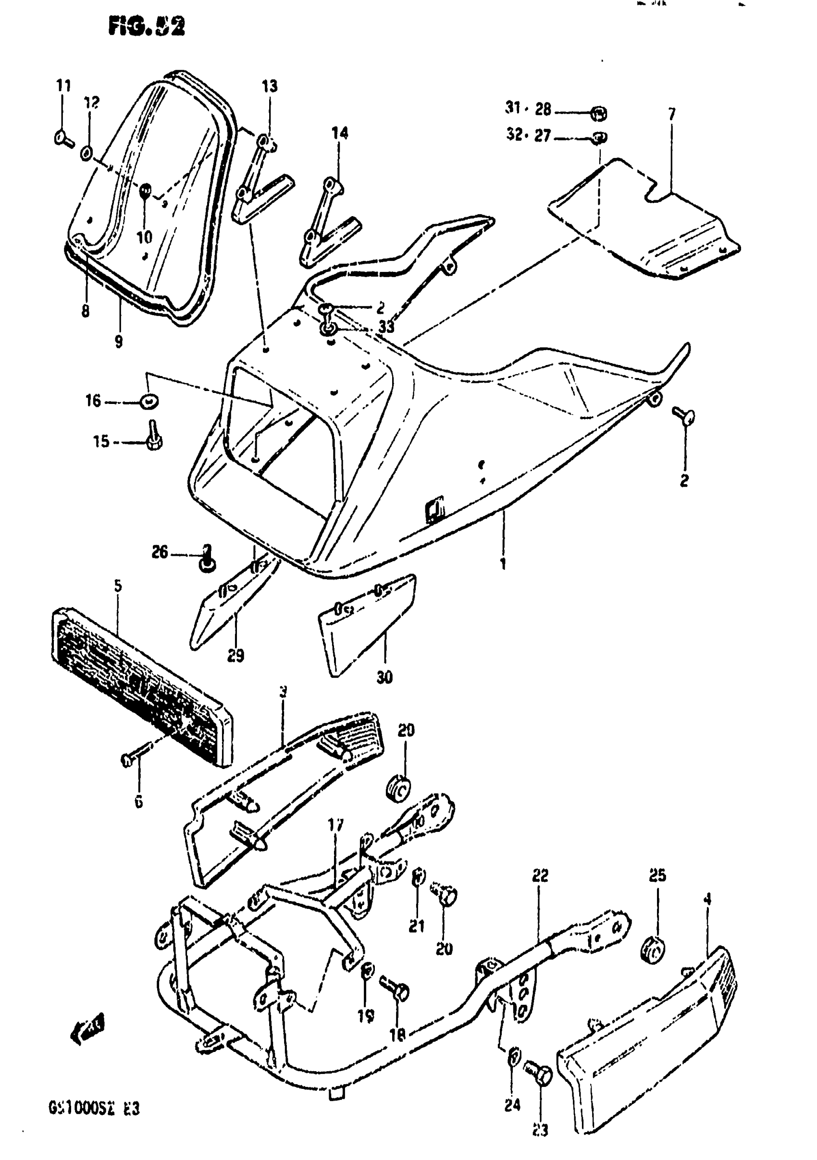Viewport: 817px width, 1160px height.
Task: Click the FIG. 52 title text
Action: (x=147, y=26)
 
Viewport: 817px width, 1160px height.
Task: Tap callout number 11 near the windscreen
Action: (x=63, y=86)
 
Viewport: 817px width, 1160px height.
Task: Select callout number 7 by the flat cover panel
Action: (x=671, y=115)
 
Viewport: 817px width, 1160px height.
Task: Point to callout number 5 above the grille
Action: (x=118, y=586)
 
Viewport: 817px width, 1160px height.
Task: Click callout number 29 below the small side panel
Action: (x=235, y=655)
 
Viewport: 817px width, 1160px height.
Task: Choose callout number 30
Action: (x=384, y=677)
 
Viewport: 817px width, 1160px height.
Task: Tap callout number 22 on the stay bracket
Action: (x=540, y=876)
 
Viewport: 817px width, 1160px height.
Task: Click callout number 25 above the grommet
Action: (x=657, y=875)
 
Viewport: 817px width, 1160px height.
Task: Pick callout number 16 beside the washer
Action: (x=94, y=401)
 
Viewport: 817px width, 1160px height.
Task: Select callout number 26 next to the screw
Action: (x=160, y=552)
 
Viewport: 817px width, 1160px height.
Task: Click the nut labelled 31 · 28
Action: (x=599, y=114)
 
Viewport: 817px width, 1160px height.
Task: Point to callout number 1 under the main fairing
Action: (x=503, y=563)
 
